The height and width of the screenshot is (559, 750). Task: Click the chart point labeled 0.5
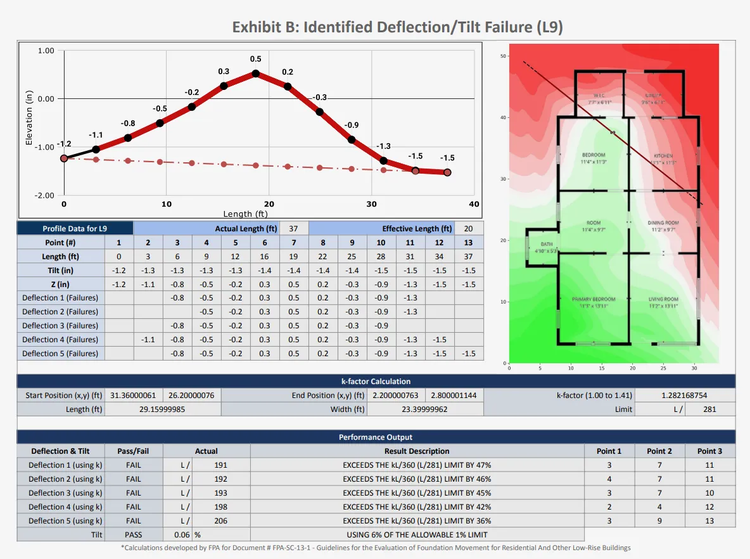256,74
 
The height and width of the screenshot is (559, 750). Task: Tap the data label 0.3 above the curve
224,72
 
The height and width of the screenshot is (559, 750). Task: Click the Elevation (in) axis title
29,117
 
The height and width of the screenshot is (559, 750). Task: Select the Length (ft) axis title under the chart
246,214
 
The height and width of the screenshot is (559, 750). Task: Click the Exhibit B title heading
397,27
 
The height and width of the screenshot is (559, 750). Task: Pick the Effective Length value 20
468,228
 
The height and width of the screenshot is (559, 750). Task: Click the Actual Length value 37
293,228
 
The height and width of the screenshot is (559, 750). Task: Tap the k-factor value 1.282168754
685,395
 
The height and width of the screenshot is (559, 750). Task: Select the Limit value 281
709,409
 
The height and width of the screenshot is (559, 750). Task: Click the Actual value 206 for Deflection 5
220,520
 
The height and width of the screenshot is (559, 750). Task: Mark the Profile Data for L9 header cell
75,228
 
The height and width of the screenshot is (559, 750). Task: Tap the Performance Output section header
376,437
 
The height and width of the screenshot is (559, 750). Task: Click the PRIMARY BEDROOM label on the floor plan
594,299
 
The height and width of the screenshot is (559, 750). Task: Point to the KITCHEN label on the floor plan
663,156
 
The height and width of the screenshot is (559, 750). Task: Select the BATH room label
546,244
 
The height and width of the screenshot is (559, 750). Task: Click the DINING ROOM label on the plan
663,223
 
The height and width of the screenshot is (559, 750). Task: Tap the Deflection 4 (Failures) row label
60,340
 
